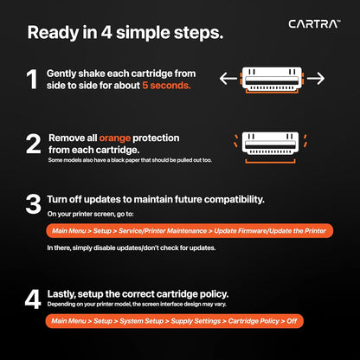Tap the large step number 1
(32, 80)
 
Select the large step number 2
(33, 144)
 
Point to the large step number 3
(33, 204)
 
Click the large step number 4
(33, 299)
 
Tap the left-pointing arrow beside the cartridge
(229, 80)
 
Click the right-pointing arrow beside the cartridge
(315, 80)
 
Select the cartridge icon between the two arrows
(272, 79)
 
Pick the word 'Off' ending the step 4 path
(294, 321)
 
